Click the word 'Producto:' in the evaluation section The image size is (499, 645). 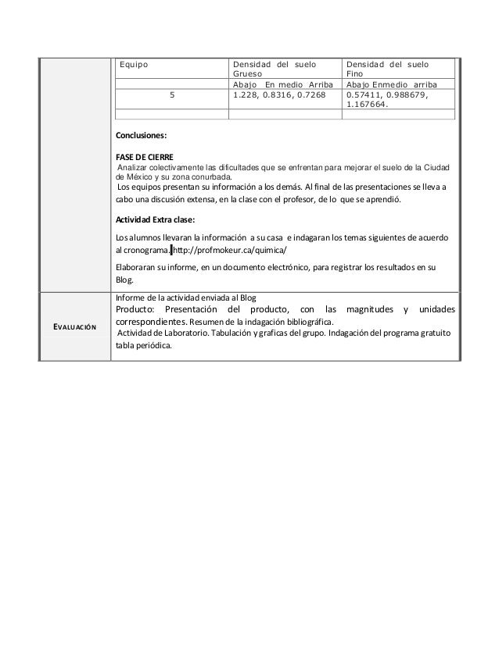tap(137, 312)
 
